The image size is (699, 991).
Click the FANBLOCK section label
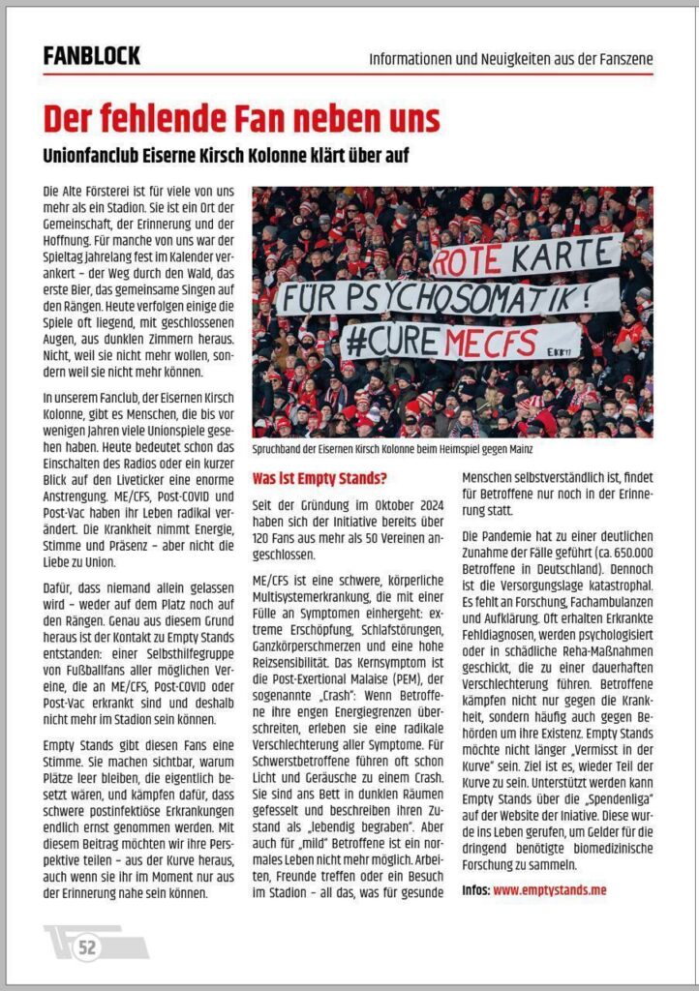click(x=91, y=56)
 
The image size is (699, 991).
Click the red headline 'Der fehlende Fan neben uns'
click(x=241, y=118)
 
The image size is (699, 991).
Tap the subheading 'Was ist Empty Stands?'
click(x=319, y=478)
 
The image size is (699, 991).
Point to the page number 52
click(x=87, y=947)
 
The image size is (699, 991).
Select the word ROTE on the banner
click(x=468, y=261)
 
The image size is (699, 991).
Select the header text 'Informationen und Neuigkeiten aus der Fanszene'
click(x=510, y=59)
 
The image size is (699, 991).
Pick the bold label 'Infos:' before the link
click(x=475, y=889)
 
